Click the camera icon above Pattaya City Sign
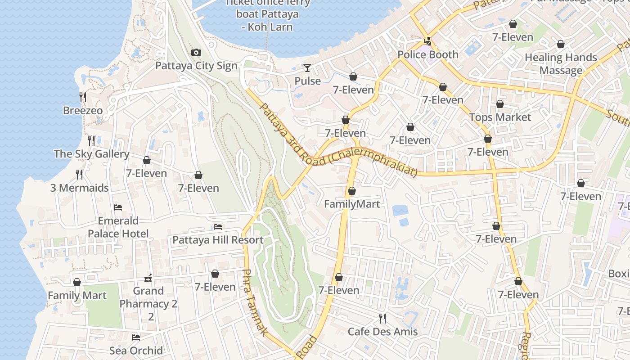pos(196,53)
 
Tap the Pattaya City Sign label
pos(196,66)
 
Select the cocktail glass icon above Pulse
pos(307,68)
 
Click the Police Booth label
pos(428,54)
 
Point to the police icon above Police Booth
pos(428,41)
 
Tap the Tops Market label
pos(500,117)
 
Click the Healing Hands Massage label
pos(561,64)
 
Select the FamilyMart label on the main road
pos(352,204)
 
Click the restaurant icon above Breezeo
pos(83,97)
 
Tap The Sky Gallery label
pos(91,154)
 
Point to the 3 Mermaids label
pos(79,188)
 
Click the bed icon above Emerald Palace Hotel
pos(118,207)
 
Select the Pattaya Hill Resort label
pos(218,240)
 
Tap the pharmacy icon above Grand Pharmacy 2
pos(148,278)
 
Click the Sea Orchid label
pos(136,351)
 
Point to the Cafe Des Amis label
pos(382,332)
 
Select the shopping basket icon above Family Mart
pos(77,283)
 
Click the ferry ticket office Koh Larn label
pos(267,14)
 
